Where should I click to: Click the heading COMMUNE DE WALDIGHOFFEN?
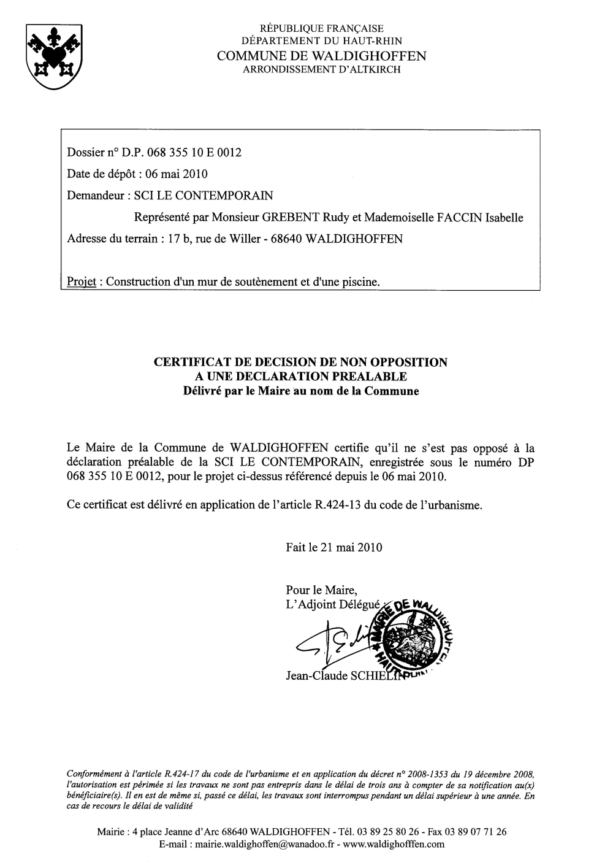pyautogui.click(x=322, y=56)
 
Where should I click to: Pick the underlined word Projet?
pyautogui.click(x=83, y=282)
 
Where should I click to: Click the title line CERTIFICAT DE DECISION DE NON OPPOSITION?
pyautogui.click(x=300, y=362)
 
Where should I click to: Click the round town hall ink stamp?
pyautogui.click(x=417, y=638)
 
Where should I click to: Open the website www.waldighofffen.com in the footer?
pyautogui.click(x=394, y=844)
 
